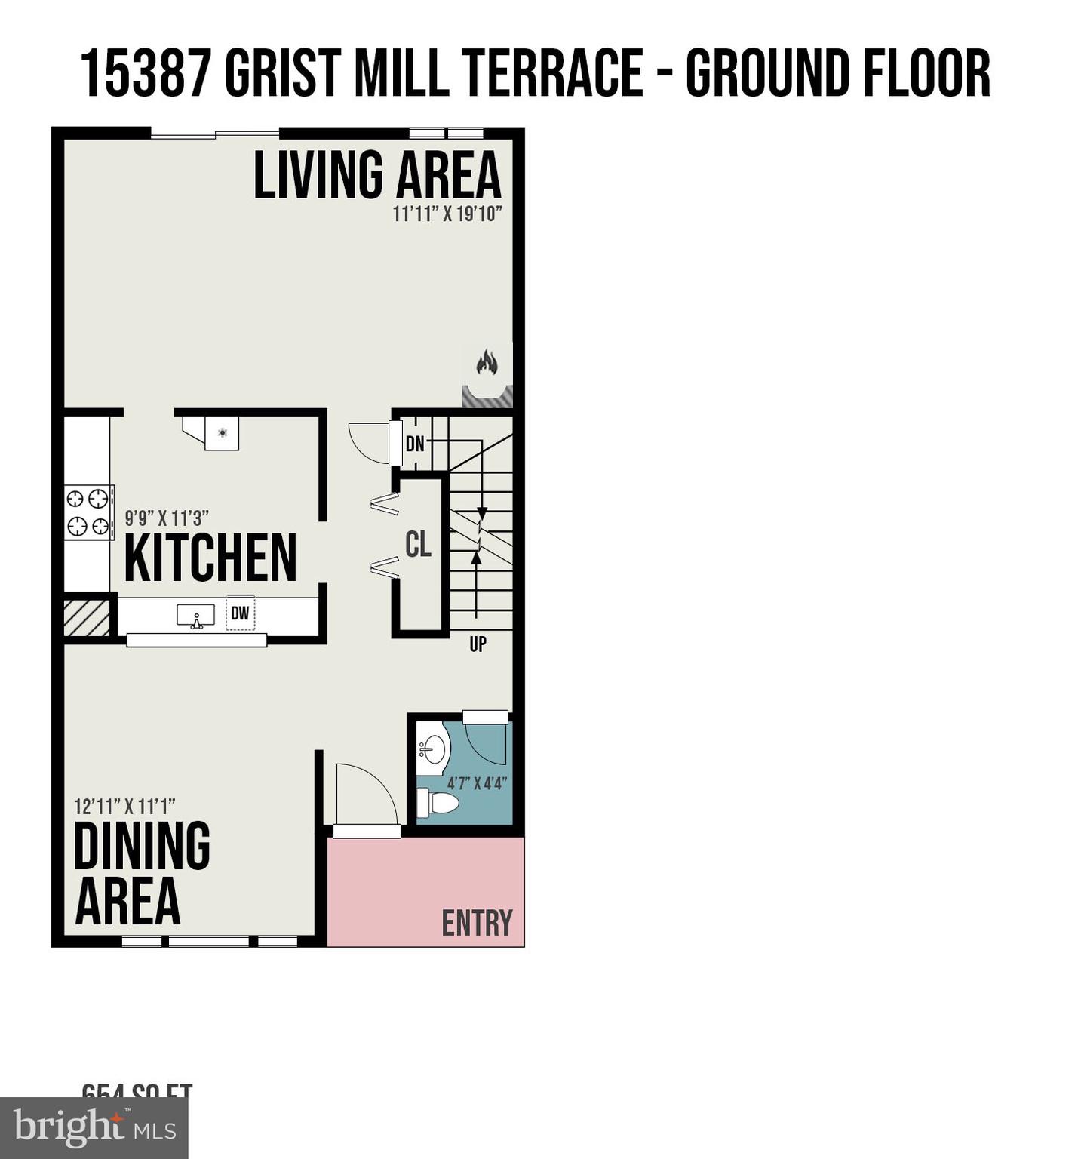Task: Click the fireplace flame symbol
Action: click(x=487, y=363)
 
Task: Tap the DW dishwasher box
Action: click(x=240, y=613)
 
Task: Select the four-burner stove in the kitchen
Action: click(x=89, y=512)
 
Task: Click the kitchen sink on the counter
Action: click(x=196, y=616)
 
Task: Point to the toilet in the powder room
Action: click(x=438, y=802)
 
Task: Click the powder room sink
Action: click(x=432, y=749)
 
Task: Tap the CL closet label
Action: click(x=419, y=545)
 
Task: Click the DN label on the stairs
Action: click(x=415, y=444)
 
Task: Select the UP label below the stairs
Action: click(x=478, y=644)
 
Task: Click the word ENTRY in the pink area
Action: click(x=477, y=923)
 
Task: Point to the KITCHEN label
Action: click(x=210, y=558)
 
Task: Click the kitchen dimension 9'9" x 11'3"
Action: click(x=167, y=518)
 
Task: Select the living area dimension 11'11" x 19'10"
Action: click(x=447, y=214)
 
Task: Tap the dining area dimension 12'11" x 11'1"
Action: click(x=124, y=807)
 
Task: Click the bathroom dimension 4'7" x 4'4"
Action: click(x=476, y=783)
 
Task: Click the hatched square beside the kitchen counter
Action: click(x=87, y=618)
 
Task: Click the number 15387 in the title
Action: click(x=145, y=73)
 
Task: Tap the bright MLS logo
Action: click(x=94, y=1128)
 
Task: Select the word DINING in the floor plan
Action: click(x=142, y=846)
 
